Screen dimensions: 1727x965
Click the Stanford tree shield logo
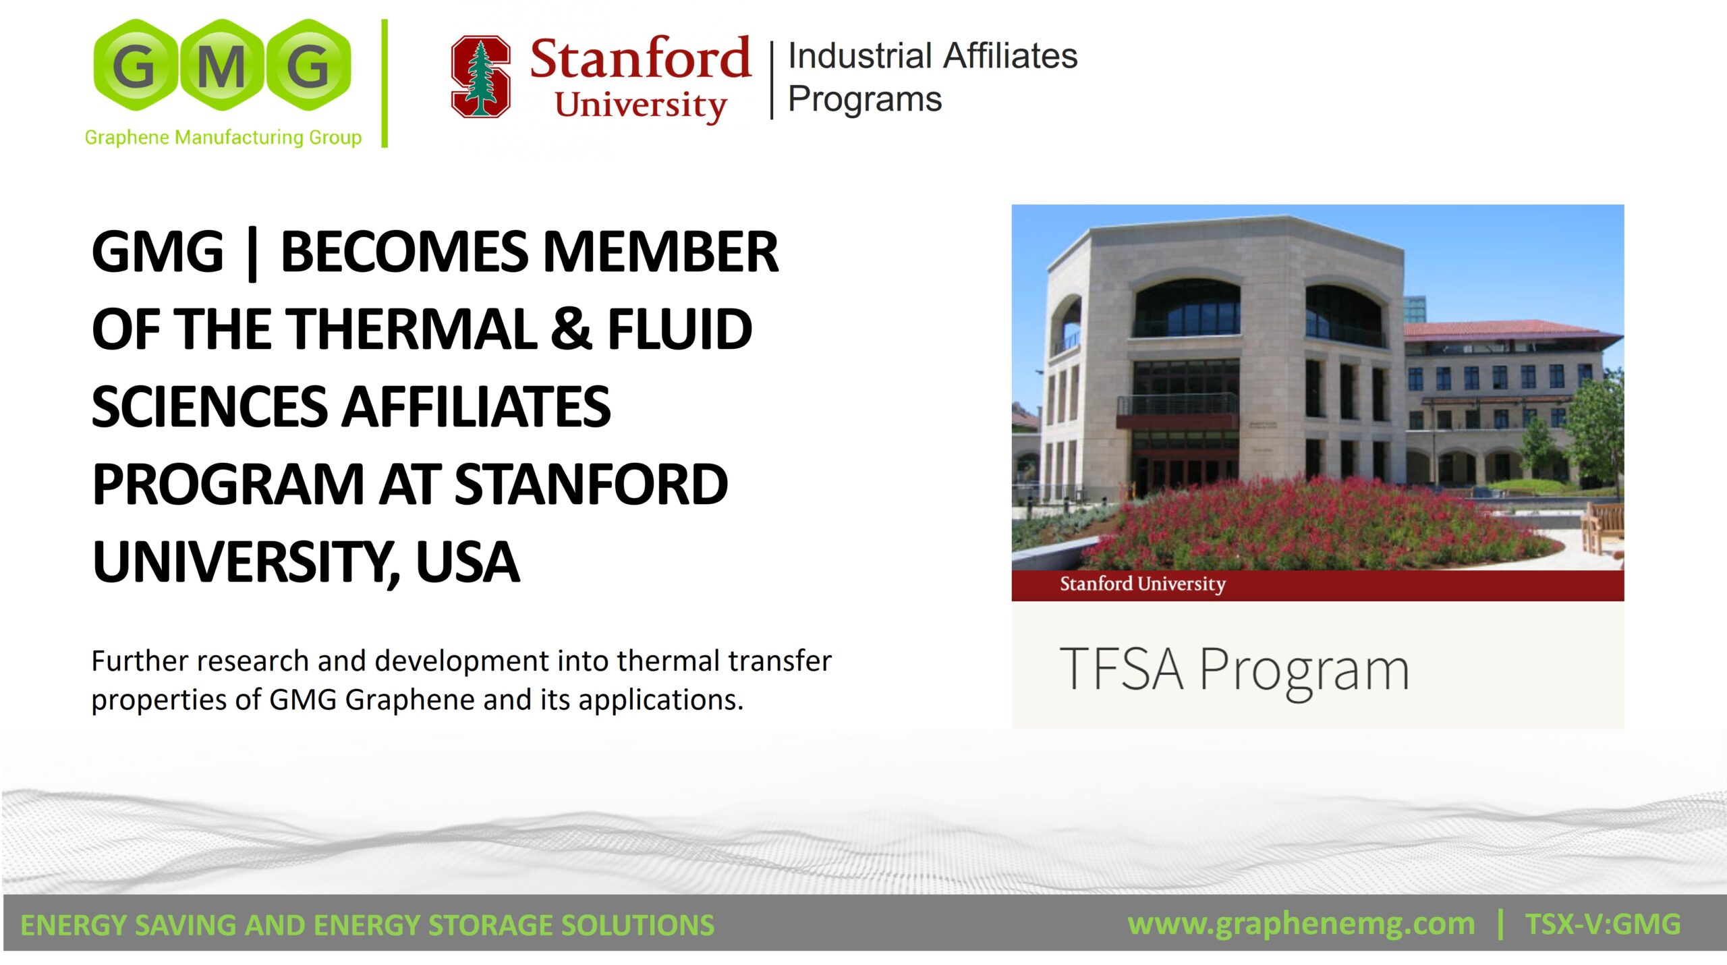[x=480, y=77]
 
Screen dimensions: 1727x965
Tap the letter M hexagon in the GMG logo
[x=221, y=65]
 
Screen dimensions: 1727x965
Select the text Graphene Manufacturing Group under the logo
[x=223, y=138]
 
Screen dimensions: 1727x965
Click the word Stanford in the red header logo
[x=640, y=58]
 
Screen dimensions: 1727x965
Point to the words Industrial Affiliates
[x=932, y=55]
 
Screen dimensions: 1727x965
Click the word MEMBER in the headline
[x=660, y=252]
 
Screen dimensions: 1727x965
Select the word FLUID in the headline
[x=680, y=329]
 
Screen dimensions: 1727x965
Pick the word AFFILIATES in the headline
[x=476, y=407]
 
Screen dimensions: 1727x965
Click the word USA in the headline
[x=468, y=562]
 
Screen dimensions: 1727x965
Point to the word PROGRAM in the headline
[x=228, y=485]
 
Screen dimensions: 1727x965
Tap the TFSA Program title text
[x=1235, y=670]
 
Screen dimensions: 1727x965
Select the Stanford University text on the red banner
[x=1143, y=584]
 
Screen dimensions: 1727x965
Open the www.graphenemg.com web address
[x=1301, y=923]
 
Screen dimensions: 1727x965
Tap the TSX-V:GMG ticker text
[x=1603, y=924]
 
